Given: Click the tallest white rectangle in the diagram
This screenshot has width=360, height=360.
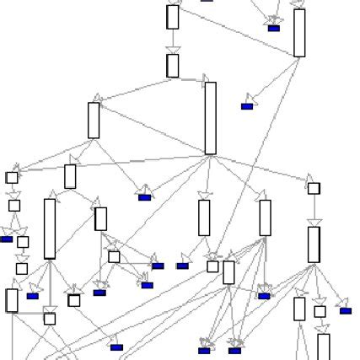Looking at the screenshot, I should tap(210, 118).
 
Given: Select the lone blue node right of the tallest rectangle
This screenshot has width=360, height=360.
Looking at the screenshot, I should tap(247, 106).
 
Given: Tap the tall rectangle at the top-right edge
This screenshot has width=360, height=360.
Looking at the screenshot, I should tap(299, 33).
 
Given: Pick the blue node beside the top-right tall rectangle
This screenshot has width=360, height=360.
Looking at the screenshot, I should tap(273, 28).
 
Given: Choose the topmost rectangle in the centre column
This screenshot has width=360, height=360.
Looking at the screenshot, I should tap(173, 17).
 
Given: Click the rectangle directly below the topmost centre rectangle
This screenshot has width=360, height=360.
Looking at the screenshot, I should tap(173, 66).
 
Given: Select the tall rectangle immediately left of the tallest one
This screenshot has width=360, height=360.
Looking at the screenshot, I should tap(94, 120).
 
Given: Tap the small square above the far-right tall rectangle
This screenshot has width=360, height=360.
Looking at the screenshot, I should tap(314, 188).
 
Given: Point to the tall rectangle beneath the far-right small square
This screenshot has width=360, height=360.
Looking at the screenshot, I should tap(314, 244).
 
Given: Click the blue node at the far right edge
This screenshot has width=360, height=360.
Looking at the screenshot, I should tap(346, 310).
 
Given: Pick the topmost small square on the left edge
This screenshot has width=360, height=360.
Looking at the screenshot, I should tap(12, 178).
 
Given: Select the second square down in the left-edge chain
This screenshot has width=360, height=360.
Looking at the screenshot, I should tap(14, 205).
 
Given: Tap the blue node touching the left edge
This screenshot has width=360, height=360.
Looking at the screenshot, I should tap(6, 239).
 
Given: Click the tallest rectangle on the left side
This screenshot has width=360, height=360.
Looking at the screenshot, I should tap(50, 228).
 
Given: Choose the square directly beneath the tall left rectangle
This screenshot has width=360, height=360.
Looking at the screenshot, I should tap(50, 319).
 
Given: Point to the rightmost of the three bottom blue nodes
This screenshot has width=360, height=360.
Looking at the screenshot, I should tap(235, 350).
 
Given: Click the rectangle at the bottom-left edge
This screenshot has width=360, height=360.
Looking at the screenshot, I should tap(12, 300).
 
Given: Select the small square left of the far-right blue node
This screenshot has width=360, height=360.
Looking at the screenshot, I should tap(320, 311).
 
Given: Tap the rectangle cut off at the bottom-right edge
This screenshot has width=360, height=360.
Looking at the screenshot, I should tap(324, 347).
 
